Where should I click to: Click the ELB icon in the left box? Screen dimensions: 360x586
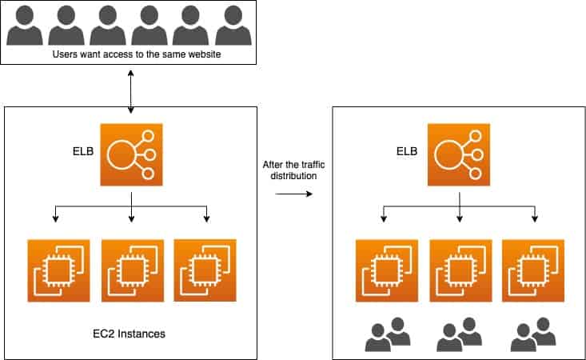131,154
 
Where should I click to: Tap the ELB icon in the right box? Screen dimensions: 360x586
459,154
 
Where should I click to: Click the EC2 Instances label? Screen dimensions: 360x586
129,333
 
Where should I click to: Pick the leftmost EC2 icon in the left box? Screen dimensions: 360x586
58,270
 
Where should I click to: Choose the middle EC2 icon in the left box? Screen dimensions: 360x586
132,270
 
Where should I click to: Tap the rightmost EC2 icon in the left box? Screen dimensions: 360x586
205,270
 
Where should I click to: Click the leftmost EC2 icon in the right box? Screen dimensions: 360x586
386,270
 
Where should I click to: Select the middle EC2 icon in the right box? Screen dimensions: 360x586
460,270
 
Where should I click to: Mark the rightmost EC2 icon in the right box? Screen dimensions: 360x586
533,270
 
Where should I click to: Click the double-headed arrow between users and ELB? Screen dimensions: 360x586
130,88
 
